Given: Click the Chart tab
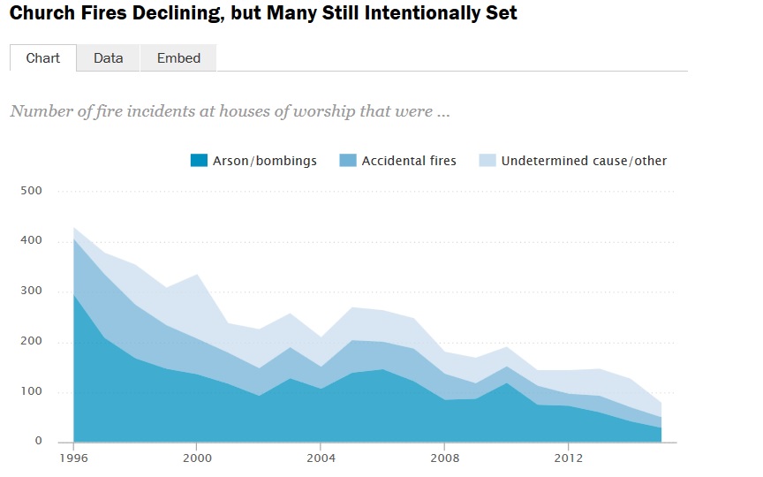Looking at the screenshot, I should (x=43, y=58).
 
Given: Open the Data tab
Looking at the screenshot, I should (x=108, y=58).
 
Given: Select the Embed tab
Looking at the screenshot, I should (x=178, y=58).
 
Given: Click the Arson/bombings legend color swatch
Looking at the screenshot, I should (x=199, y=161).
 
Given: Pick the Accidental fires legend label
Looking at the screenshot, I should (x=409, y=161).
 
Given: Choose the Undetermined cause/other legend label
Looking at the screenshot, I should (x=584, y=161).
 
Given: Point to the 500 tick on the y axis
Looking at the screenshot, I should (x=32, y=191).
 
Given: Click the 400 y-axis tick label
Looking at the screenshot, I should (x=32, y=241).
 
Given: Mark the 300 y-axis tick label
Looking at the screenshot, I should (x=32, y=291).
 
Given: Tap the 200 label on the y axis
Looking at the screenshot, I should (x=32, y=342).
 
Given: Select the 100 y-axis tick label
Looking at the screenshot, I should (x=32, y=392).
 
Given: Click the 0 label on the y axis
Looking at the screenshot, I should (x=39, y=442).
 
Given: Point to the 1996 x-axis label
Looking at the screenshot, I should (x=72, y=458).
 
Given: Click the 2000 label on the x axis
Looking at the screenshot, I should (x=196, y=458).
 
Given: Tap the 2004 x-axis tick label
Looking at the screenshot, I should (x=321, y=458).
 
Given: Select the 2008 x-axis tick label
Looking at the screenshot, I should (x=444, y=458).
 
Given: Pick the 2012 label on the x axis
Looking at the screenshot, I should (x=568, y=458).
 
